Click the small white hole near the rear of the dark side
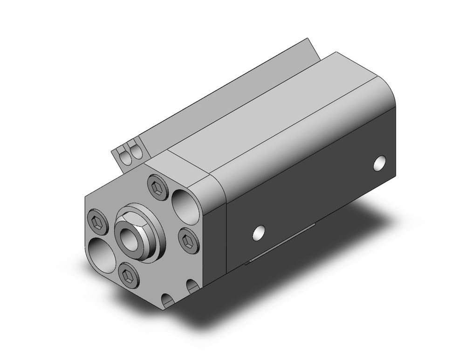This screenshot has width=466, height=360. (x=381, y=162)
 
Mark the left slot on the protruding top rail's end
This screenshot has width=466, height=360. (x=125, y=155)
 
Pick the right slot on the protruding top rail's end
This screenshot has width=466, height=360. (x=136, y=152)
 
